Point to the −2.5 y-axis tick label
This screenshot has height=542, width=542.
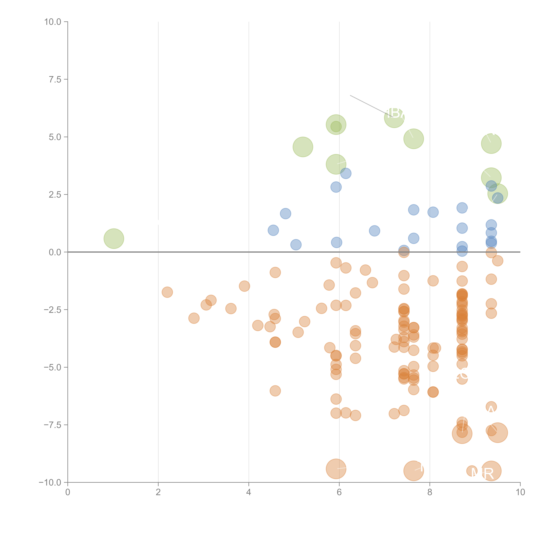pyautogui.click(x=52, y=310)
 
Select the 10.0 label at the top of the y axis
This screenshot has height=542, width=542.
pyautogui.click(x=53, y=22)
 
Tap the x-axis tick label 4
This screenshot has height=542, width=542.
pyautogui.click(x=249, y=492)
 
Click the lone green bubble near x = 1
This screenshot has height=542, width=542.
pyautogui.click(x=114, y=238)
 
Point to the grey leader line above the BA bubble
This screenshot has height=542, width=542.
pyautogui.click(x=367, y=104)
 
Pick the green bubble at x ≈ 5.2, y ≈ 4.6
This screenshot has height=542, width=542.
pyautogui.click(x=303, y=147)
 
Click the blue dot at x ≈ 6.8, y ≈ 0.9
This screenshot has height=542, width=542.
pyautogui.click(x=374, y=231)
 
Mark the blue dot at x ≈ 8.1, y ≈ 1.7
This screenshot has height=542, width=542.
pyautogui.click(x=433, y=212)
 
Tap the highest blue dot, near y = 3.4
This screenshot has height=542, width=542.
pyautogui.click(x=346, y=173)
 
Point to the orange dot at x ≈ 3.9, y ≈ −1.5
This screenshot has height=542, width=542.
pyautogui.click(x=244, y=286)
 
